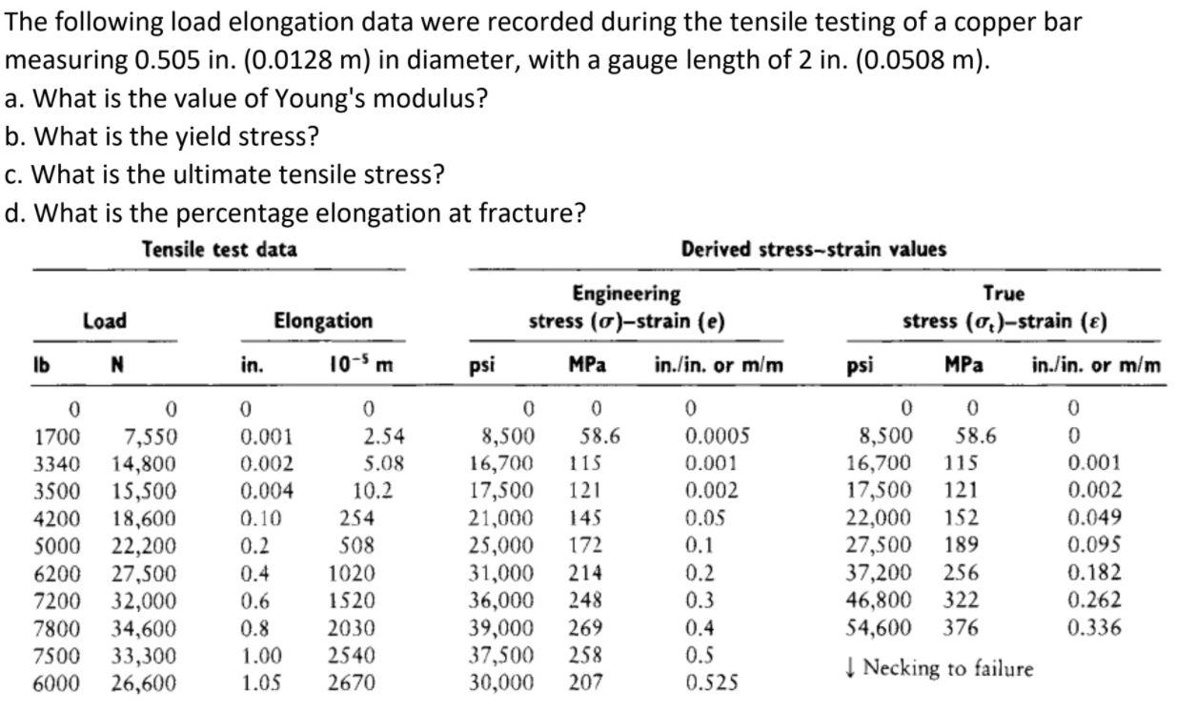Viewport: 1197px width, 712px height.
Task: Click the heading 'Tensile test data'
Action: (x=219, y=250)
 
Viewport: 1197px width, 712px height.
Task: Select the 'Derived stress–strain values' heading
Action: (x=814, y=250)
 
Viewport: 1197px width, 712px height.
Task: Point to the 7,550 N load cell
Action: (x=151, y=437)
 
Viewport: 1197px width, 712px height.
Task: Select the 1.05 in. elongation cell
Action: (x=258, y=683)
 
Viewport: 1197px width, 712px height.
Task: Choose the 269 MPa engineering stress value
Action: (x=587, y=628)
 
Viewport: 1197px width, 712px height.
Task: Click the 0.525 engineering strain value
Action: (x=711, y=683)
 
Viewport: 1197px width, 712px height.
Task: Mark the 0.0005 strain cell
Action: (x=717, y=437)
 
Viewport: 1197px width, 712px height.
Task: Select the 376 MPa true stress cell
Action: (x=961, y=628)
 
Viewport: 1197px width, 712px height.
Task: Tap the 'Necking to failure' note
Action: (x=939, y=668)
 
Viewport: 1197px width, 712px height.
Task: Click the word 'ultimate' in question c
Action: (x=228, y=174)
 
